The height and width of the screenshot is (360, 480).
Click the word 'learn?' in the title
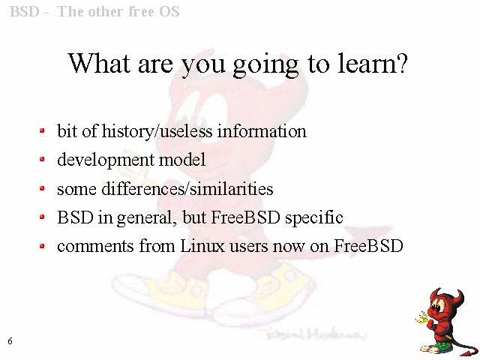(373, 63)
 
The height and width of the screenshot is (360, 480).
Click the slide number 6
(10, 340)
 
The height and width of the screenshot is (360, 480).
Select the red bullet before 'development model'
(42, 159)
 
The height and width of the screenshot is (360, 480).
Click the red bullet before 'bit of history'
(42, 130)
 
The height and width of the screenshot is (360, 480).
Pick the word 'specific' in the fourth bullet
(313, 218)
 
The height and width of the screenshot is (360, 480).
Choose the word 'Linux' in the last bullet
(202, 245)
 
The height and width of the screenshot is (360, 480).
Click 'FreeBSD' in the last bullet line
(368, 245)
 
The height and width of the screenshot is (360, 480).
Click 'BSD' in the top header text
(25, 12)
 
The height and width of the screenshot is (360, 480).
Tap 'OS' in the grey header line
(169, 12)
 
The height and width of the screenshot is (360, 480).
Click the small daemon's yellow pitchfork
(422, 318)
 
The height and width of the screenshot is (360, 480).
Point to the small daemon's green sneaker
(441, 346)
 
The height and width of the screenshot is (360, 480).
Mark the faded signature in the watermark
(315, 334)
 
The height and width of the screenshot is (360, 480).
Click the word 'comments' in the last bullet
(95, 246)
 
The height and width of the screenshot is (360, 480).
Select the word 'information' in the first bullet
(262, 131)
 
